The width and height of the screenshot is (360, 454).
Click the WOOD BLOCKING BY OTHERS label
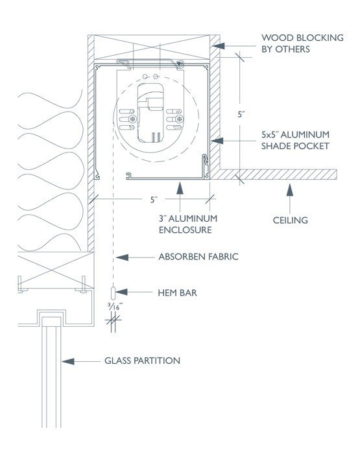(x=302, y=43)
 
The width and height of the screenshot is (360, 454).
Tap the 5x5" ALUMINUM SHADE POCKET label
(x=295, y=141)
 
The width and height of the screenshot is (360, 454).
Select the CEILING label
(x=290, y=221)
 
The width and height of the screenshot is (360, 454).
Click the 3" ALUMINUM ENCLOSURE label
(x=188, y=224)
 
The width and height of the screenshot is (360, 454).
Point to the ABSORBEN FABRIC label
(x=198, y=257)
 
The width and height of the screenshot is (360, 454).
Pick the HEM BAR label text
(x=177, y=293)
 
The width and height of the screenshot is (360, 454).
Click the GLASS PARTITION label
(x=142, y=361)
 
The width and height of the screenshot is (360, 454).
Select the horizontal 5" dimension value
(x=154, y=200)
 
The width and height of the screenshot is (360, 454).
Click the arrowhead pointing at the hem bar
(x=121, y=292)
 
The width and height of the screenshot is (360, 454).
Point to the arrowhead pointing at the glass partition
(x=67, y=361)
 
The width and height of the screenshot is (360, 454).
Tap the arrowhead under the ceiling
(x=290, y=190)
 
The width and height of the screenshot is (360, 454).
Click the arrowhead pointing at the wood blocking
(x=219, y=46)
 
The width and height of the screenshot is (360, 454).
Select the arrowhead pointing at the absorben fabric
(x=122, y=257)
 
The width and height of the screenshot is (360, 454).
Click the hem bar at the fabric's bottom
(x=113, y=293)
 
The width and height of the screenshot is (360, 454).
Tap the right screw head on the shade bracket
(x=180, y=119)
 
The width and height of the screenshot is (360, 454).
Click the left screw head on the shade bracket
(x=132, y=119)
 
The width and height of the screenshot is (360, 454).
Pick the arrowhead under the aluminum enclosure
(x=180, y=187)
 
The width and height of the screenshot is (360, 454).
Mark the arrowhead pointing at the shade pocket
(x=217, y=141)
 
